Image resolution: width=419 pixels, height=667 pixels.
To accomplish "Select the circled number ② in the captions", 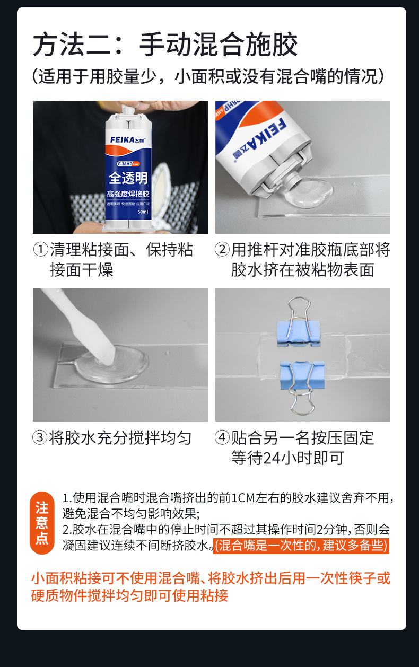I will click(x=222, y=250).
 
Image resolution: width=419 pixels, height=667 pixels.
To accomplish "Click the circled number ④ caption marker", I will click(x=222, y=438).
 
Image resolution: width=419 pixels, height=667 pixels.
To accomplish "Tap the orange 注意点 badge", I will click(x=42, y=522).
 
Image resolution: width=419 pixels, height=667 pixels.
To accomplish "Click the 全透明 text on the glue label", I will click(x=128, y=177).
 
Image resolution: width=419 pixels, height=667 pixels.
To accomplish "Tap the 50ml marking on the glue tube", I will click(x=143, y=212).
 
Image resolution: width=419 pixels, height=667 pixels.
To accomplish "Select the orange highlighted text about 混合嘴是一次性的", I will click(x=301, y=545).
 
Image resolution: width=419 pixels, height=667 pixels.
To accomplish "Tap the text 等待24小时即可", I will click(x=287, y=458).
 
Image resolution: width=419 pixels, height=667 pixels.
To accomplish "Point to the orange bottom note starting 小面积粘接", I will click(x=211, y=586).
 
